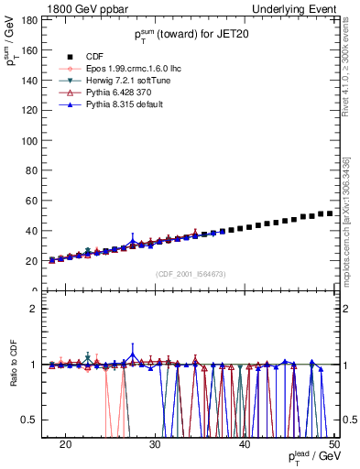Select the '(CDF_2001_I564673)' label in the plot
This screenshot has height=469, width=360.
[x=191, y=274]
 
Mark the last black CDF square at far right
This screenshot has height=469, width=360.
[x=330, y=213]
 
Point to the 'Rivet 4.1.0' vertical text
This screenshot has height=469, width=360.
[x=351, y=69]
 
